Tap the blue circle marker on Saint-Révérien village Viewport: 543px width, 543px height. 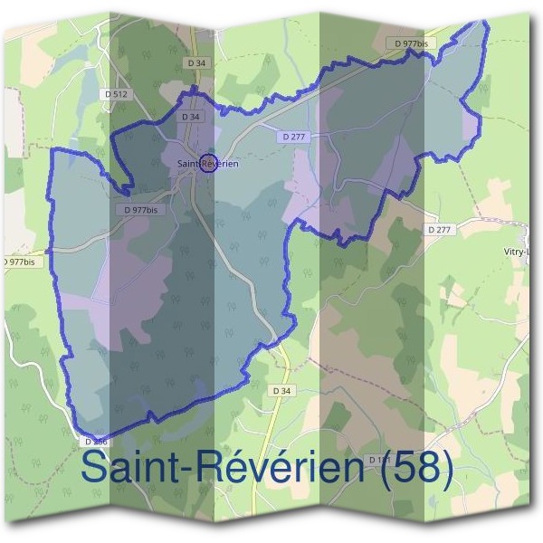[x=210, y=164]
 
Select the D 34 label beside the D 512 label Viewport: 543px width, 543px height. [x=195, y=62]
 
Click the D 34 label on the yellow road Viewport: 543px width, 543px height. [x=282, y=390]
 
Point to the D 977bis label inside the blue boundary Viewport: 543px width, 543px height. [x=138, y=210]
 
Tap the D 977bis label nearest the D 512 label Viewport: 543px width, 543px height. [x=138, y=210]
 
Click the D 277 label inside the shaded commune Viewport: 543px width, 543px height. [x=291, y=136]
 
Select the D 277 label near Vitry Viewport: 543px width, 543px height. [x=438, y=230]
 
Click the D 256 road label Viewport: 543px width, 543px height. [x=96, y=441]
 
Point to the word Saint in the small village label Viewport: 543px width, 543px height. [x=187, y=164]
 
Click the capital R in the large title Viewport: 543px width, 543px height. [x=209, y=469]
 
